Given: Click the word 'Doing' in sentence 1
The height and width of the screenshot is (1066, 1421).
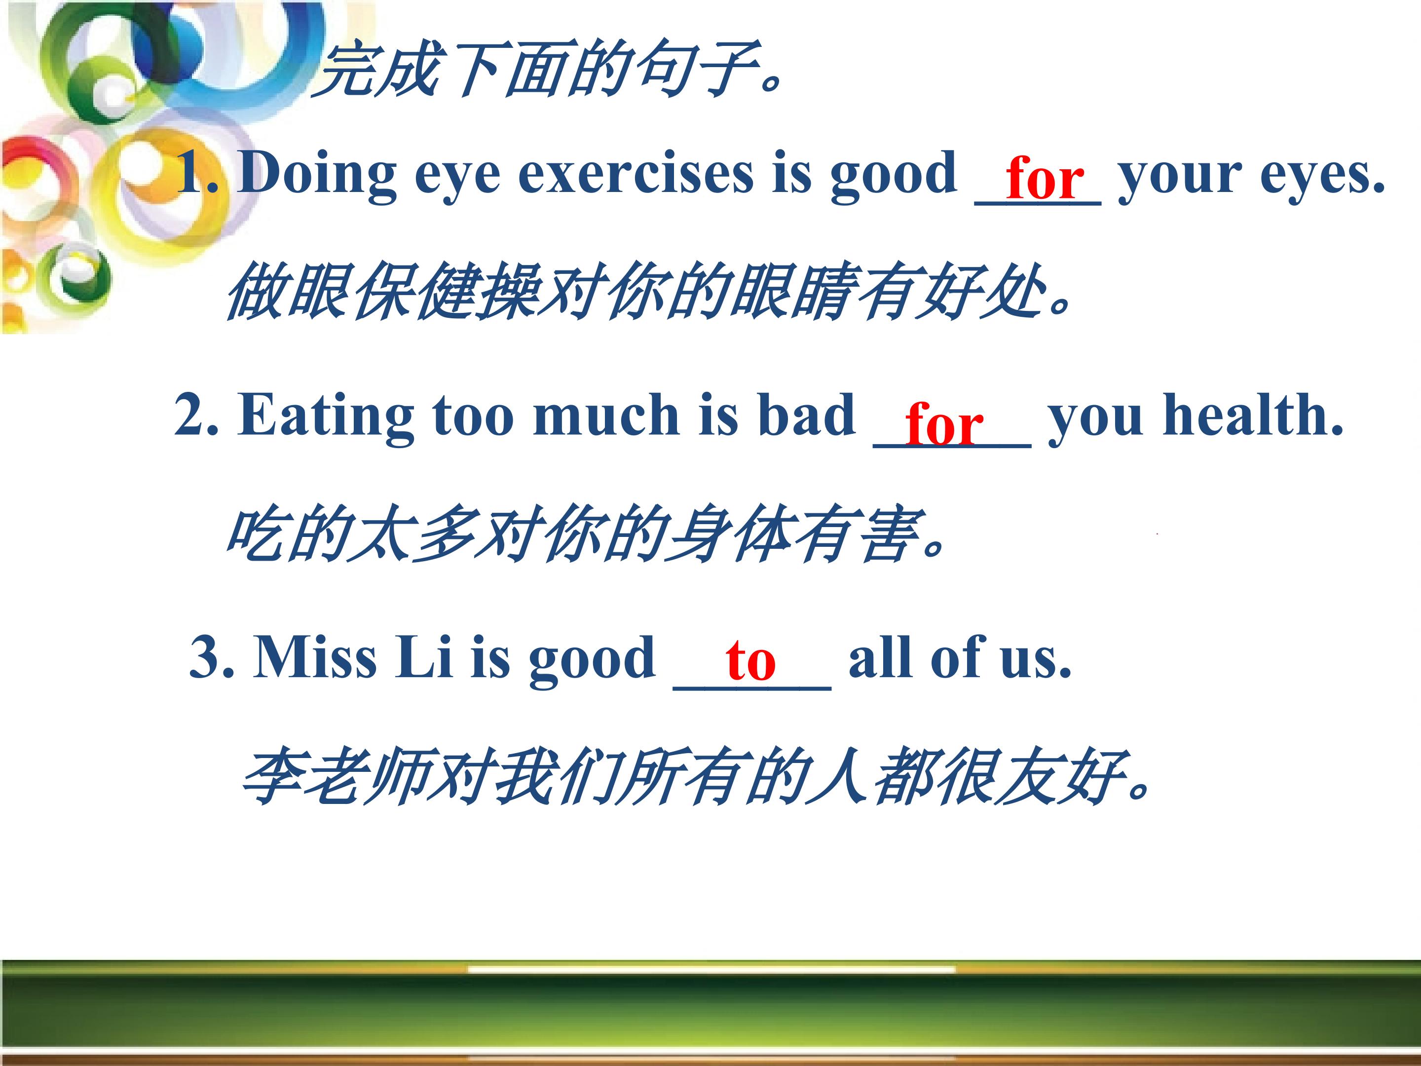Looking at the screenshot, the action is [x=317, y=173].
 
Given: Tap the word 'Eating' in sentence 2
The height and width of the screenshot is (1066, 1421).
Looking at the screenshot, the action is [x=326, y=416].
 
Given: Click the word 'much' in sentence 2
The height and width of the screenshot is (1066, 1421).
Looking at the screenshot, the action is [x=606, y=415].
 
